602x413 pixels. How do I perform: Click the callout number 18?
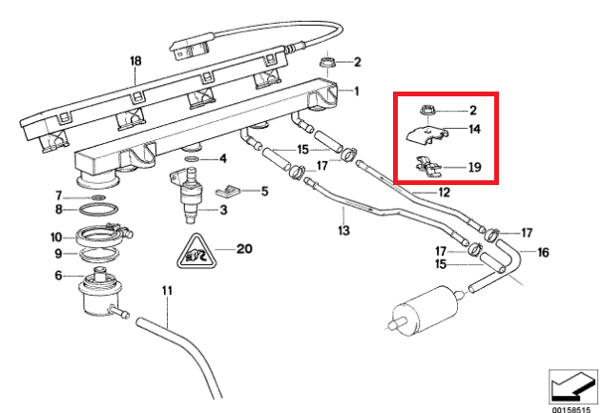point(135,61)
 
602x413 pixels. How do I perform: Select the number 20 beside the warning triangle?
point(244,249)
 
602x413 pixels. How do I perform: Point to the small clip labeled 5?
point(228,190)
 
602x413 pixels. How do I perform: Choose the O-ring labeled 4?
point(192,159)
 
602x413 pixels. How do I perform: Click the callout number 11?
point(167,291)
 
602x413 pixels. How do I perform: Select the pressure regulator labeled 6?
point(99,291)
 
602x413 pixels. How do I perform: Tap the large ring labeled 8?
point(98,210)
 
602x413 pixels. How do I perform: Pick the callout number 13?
point(344,230)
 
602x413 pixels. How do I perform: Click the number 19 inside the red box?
point(475,167)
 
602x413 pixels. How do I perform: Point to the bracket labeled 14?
point(427,136)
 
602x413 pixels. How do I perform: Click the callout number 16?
point(543,252)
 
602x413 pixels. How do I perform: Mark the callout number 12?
point(444,192)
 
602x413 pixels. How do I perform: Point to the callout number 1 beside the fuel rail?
point(357,92)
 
